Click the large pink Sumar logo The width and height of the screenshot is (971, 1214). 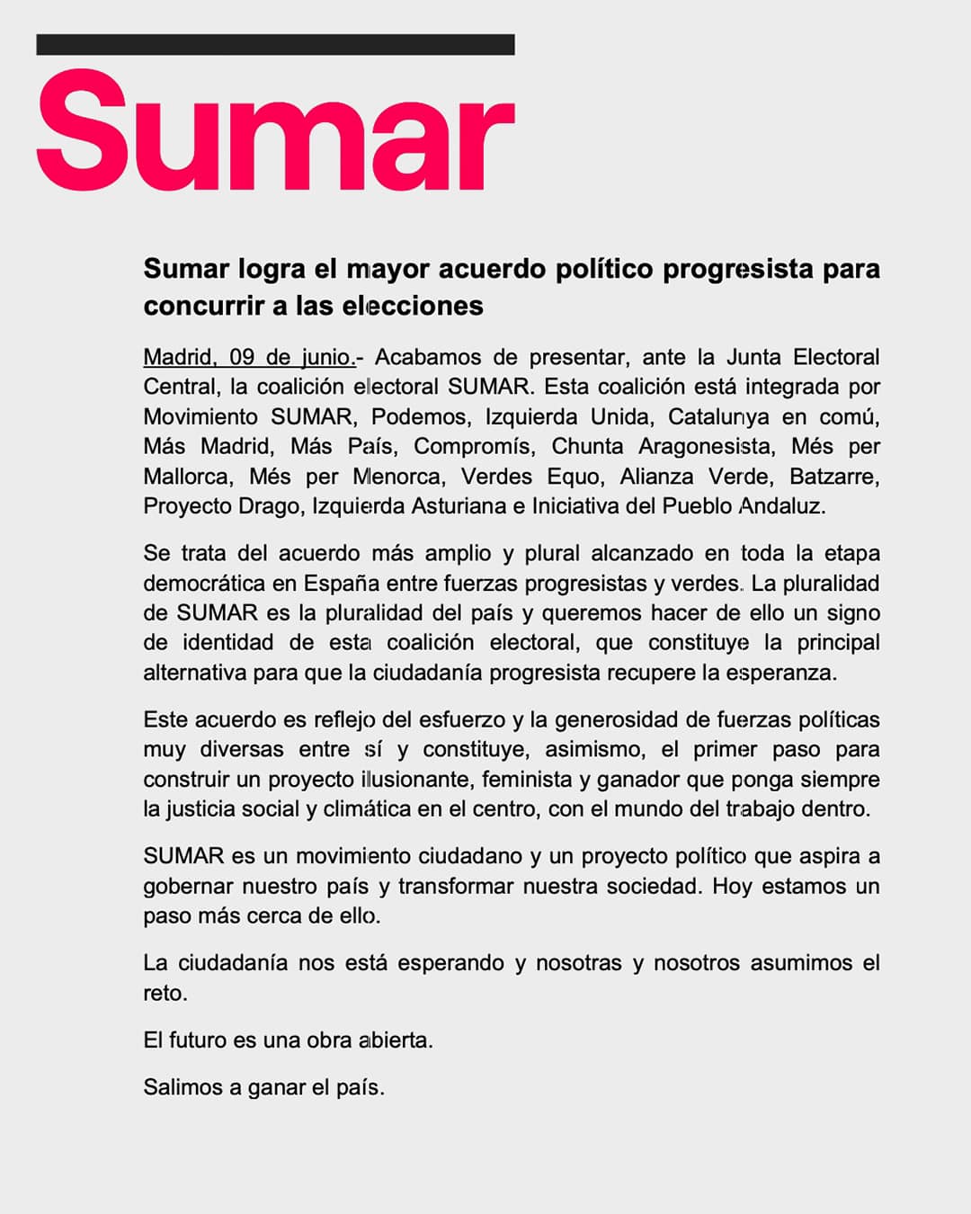point(275,132)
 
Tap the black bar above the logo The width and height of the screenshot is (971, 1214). point(275,44)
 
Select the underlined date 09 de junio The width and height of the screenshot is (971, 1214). point(292,357)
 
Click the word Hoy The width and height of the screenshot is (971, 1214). point(732,886)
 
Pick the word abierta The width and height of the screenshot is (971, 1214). point(396,1040)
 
